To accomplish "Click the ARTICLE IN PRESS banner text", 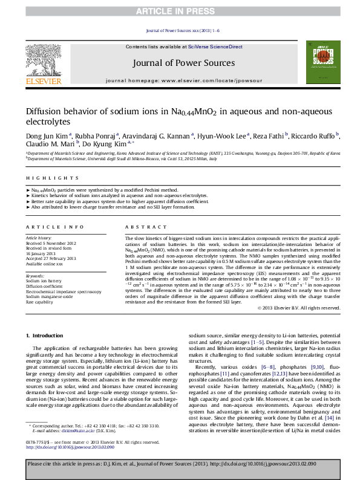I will (x=180, y=11).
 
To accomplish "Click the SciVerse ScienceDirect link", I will (x=215, y=47).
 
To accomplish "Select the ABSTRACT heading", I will (x=142, y=227).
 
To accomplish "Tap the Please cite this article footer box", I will (x=180, y=464).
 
